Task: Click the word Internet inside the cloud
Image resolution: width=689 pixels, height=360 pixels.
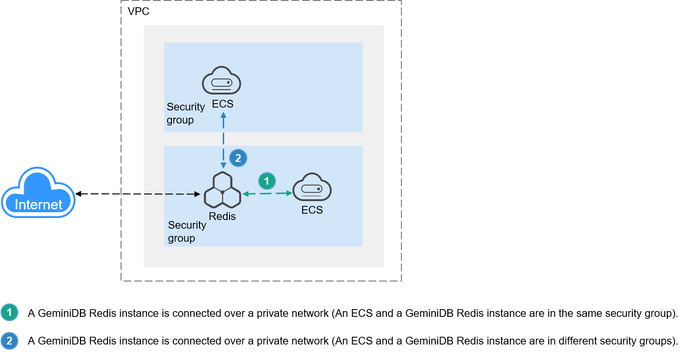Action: pyautogui.click(x=38, y=204)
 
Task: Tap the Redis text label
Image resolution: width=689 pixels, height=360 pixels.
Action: pyautogui.click(x=222, y=217)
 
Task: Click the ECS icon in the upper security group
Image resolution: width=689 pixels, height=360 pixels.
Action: pyautogui.click(x=221, y=81)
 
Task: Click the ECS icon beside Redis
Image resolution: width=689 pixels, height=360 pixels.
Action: pyautogui.click(x=312, y=187)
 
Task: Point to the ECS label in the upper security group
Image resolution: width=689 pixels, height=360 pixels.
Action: pyautogui.click(x=223, y=104)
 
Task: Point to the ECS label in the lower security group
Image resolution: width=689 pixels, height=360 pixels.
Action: pyautogui.click(x=312, y=210)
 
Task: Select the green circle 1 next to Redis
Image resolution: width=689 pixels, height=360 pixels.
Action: pyautogui.click(x=266, y=181)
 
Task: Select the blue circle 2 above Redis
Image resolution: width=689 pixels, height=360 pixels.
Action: pyautogui.click(x=238, y=158)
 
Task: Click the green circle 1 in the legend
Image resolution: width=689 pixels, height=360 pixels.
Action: pyautogui.click(x=9, y=313)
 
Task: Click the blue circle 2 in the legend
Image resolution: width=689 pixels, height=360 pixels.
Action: pyautogui.click(x=9, y=341)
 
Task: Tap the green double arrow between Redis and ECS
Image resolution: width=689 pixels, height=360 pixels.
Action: pyautogui.click(x=267, y=193)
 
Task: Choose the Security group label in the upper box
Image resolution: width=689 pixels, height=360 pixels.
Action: pyautogui.click(x=185, y=113)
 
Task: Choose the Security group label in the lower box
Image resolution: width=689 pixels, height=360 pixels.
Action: pyautogui.click(x=187, y=232)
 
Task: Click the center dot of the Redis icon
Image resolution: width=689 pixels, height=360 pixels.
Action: pyautogui.click(x=222, y=192)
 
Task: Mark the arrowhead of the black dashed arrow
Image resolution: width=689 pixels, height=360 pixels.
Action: pyautogui.click(x=198, y=194)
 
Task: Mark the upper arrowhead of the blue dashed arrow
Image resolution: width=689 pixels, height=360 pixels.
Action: pyautogui.click(x=223, y=115)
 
